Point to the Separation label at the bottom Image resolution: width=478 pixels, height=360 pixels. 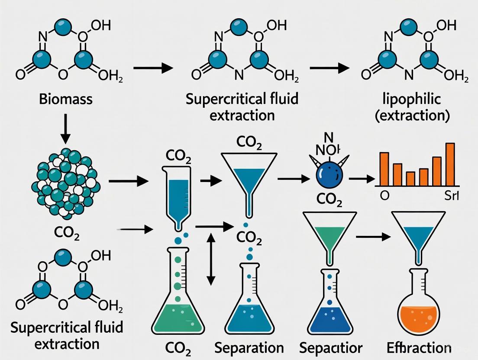249,347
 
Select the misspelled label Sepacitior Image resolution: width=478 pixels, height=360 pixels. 331,347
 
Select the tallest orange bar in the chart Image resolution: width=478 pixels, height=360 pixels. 450,164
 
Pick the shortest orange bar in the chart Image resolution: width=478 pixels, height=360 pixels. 410,178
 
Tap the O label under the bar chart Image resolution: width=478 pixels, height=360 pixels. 384,196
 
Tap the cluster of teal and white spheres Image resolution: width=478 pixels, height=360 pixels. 65,181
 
